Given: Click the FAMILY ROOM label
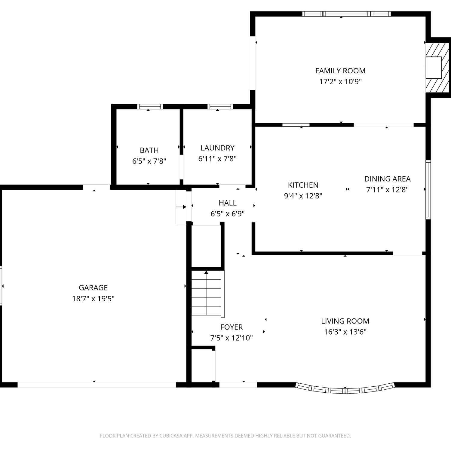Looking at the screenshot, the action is (340, 71).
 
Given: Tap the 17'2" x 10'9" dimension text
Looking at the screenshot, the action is (340, 81).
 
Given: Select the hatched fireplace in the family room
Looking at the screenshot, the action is (437, 68).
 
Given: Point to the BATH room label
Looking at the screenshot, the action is (149, 150).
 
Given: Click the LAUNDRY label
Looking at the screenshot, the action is (217, 148).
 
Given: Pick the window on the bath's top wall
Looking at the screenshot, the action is (150, 106).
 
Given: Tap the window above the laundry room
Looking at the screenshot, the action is (220, 106).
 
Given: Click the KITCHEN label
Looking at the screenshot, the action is (303, 185).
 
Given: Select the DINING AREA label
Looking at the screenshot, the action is (387, 179).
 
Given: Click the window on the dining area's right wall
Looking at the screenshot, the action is (428, 190).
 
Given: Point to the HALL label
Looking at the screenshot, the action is (228, 203).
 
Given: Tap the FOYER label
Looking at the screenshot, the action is (232, 327).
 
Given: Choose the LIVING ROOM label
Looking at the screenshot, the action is (345, 321).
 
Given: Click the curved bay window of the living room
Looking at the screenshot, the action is (345, 389).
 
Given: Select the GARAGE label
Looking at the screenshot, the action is (93, 288).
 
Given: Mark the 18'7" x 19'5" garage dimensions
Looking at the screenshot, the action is (93, 299).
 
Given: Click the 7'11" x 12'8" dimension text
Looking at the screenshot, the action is (387, 190).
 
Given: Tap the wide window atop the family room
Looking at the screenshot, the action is (346, 14).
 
